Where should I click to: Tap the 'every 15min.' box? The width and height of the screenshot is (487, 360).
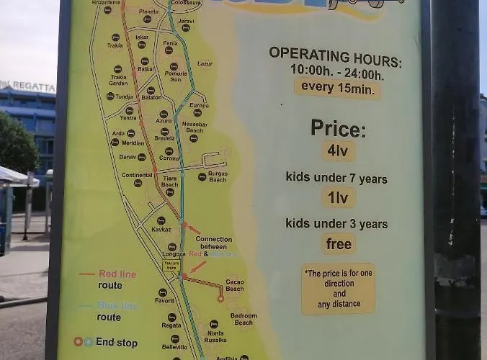tap(337, 89)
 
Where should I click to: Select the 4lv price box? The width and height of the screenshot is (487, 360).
tap(338, 151)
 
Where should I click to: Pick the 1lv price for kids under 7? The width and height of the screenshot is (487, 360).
tap(338, 197)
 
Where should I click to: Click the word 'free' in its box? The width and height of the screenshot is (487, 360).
tap(338, 243)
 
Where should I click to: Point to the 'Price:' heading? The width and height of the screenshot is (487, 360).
tap(338, 128)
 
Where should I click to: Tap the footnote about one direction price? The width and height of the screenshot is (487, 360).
tap(338, 288)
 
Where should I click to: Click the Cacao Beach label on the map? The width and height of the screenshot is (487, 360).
tap(235, 285)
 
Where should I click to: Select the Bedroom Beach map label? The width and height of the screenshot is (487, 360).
tap(243, 319)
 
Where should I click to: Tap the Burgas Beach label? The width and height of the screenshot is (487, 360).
tap(218, 176)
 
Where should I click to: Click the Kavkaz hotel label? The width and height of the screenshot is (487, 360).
tap(161, 228)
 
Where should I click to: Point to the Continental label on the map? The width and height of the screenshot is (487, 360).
tap(137, 175)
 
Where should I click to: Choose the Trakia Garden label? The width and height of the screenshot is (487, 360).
tap(118, 80)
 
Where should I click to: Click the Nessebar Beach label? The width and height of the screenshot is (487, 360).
tap(195, 127)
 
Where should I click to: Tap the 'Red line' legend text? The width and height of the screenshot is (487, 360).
tap(117, 274)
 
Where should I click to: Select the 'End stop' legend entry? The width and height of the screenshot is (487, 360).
tap(115, 342)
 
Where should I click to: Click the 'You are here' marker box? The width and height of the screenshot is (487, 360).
tap(171, 264)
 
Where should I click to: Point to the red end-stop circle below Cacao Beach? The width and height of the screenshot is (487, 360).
tap(221, 298)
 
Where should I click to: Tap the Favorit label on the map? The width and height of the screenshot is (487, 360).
tap(164, 300)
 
